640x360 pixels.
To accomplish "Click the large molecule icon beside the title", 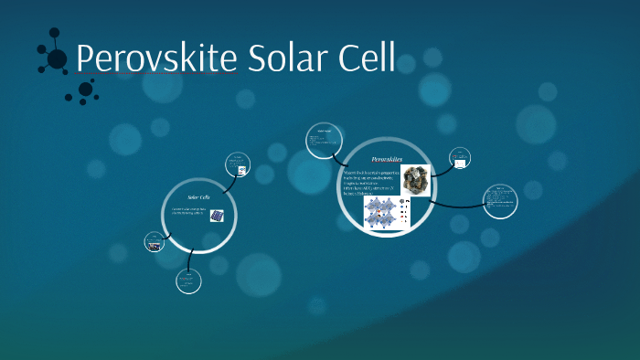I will (54, 58).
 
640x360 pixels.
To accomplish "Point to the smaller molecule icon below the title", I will (85, 90).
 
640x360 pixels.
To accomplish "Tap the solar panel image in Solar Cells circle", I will (218, 217).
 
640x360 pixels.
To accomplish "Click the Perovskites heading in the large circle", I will (387, 159).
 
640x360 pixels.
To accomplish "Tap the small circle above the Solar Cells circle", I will (239, 166).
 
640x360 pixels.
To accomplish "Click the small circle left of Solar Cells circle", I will (155, 243).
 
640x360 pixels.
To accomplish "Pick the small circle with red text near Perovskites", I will (460, 160).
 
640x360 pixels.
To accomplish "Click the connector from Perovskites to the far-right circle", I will (457, 204).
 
